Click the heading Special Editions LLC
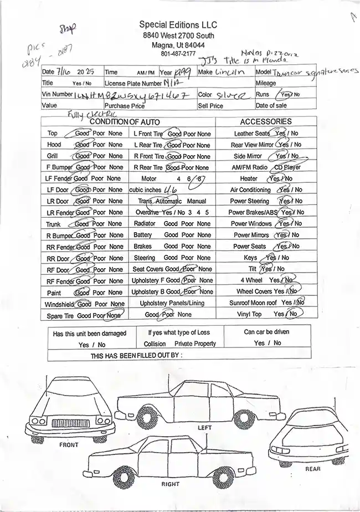coord(178,25)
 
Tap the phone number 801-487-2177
coord(178,54)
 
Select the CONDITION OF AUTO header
coord(125,121)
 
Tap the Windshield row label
coord(59,304)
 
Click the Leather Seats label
coord(252,134)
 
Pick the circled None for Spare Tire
coord(114,315)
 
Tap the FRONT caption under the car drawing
coord(69,445)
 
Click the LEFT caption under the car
coord(204,428)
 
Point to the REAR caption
coord(313,469)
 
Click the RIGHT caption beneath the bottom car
coord(170,484)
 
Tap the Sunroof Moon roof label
coord(253,303)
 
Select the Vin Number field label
coord(57,94)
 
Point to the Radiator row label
coord(145,224)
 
